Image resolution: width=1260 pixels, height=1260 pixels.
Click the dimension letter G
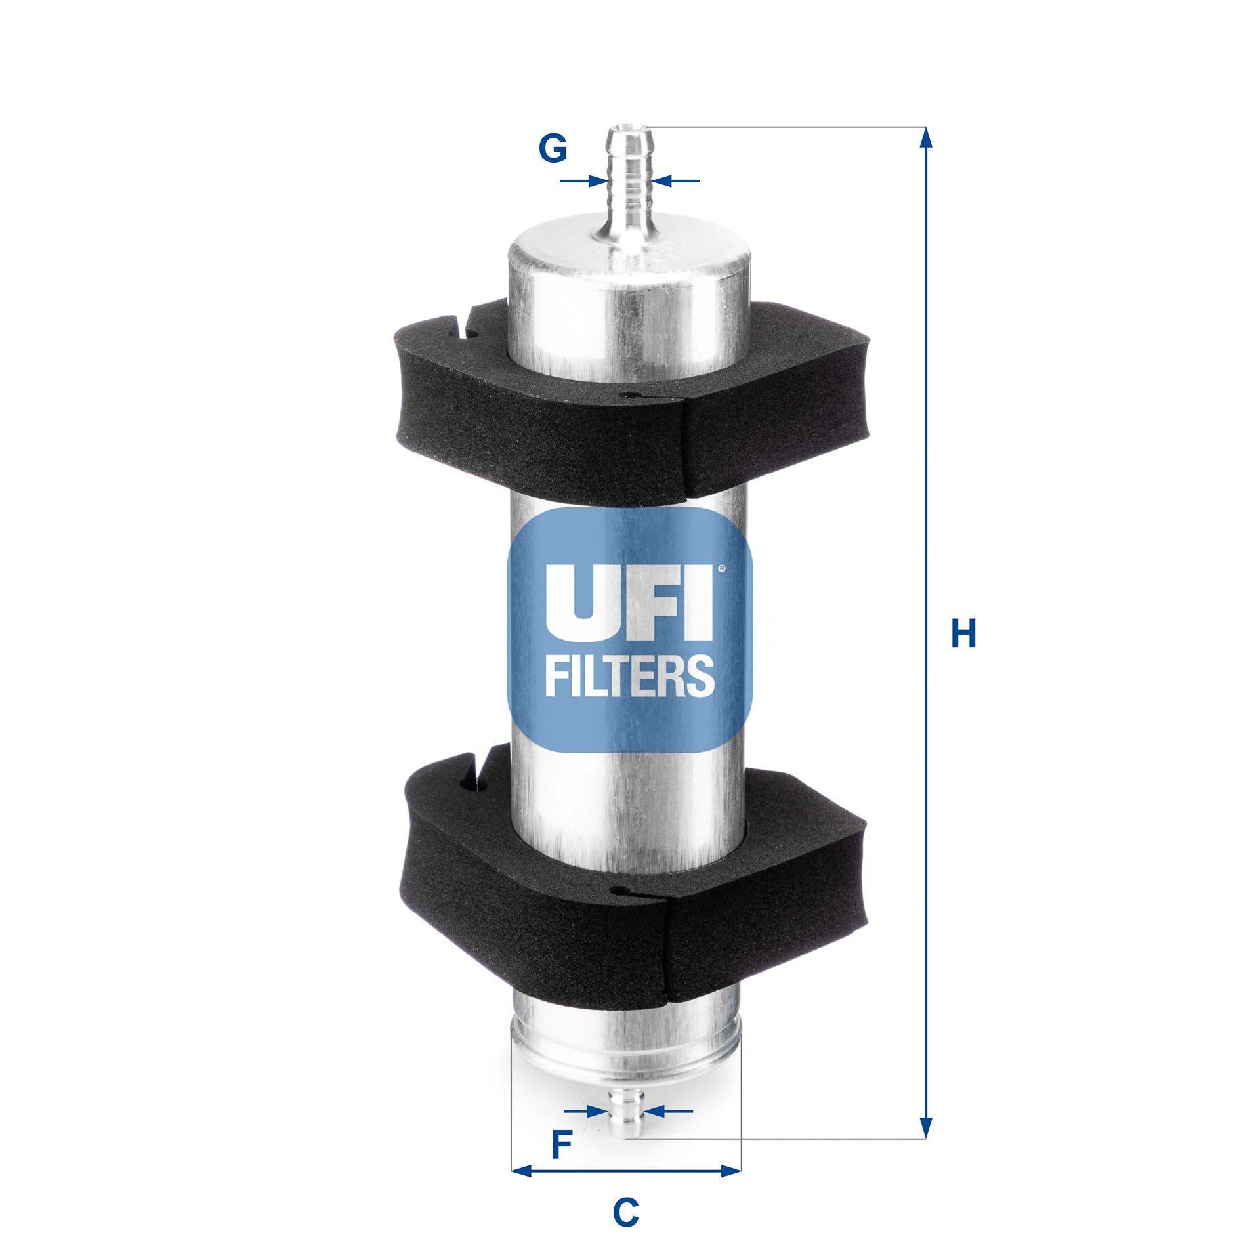coord(553,150)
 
